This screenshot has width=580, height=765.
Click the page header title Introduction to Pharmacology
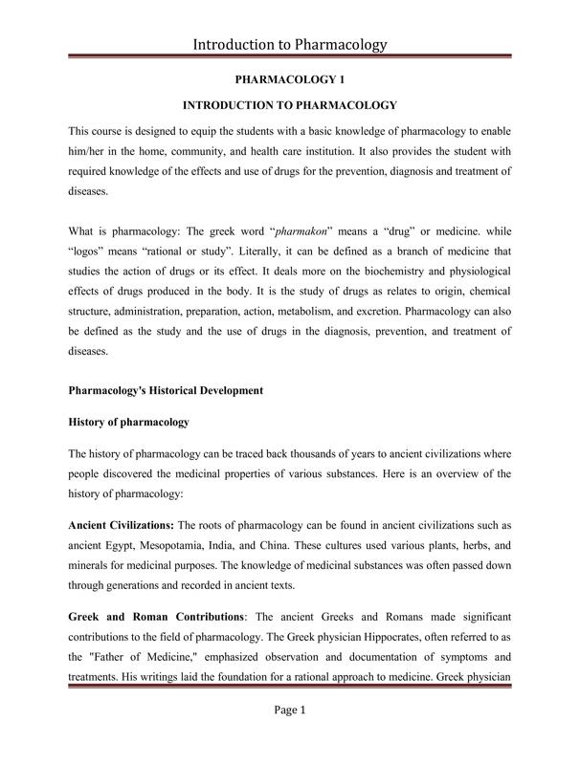pos(289,44)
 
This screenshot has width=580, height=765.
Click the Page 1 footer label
pos(289,737)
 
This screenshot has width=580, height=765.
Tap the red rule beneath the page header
pos(289,58)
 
